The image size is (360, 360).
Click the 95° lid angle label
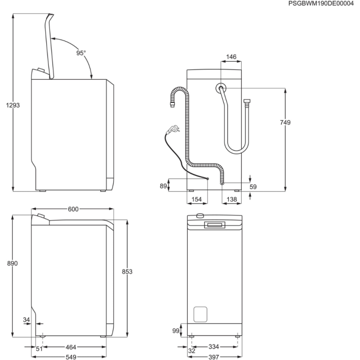click(81, 53)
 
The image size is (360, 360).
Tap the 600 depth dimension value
click(73, 209)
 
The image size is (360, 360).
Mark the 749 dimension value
click(285, 122)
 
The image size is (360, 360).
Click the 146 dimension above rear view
click(231, 57)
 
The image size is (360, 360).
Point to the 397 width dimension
click(214, 357)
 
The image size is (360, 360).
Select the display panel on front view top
click(214, 225)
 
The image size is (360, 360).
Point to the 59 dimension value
click(253, 187)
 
